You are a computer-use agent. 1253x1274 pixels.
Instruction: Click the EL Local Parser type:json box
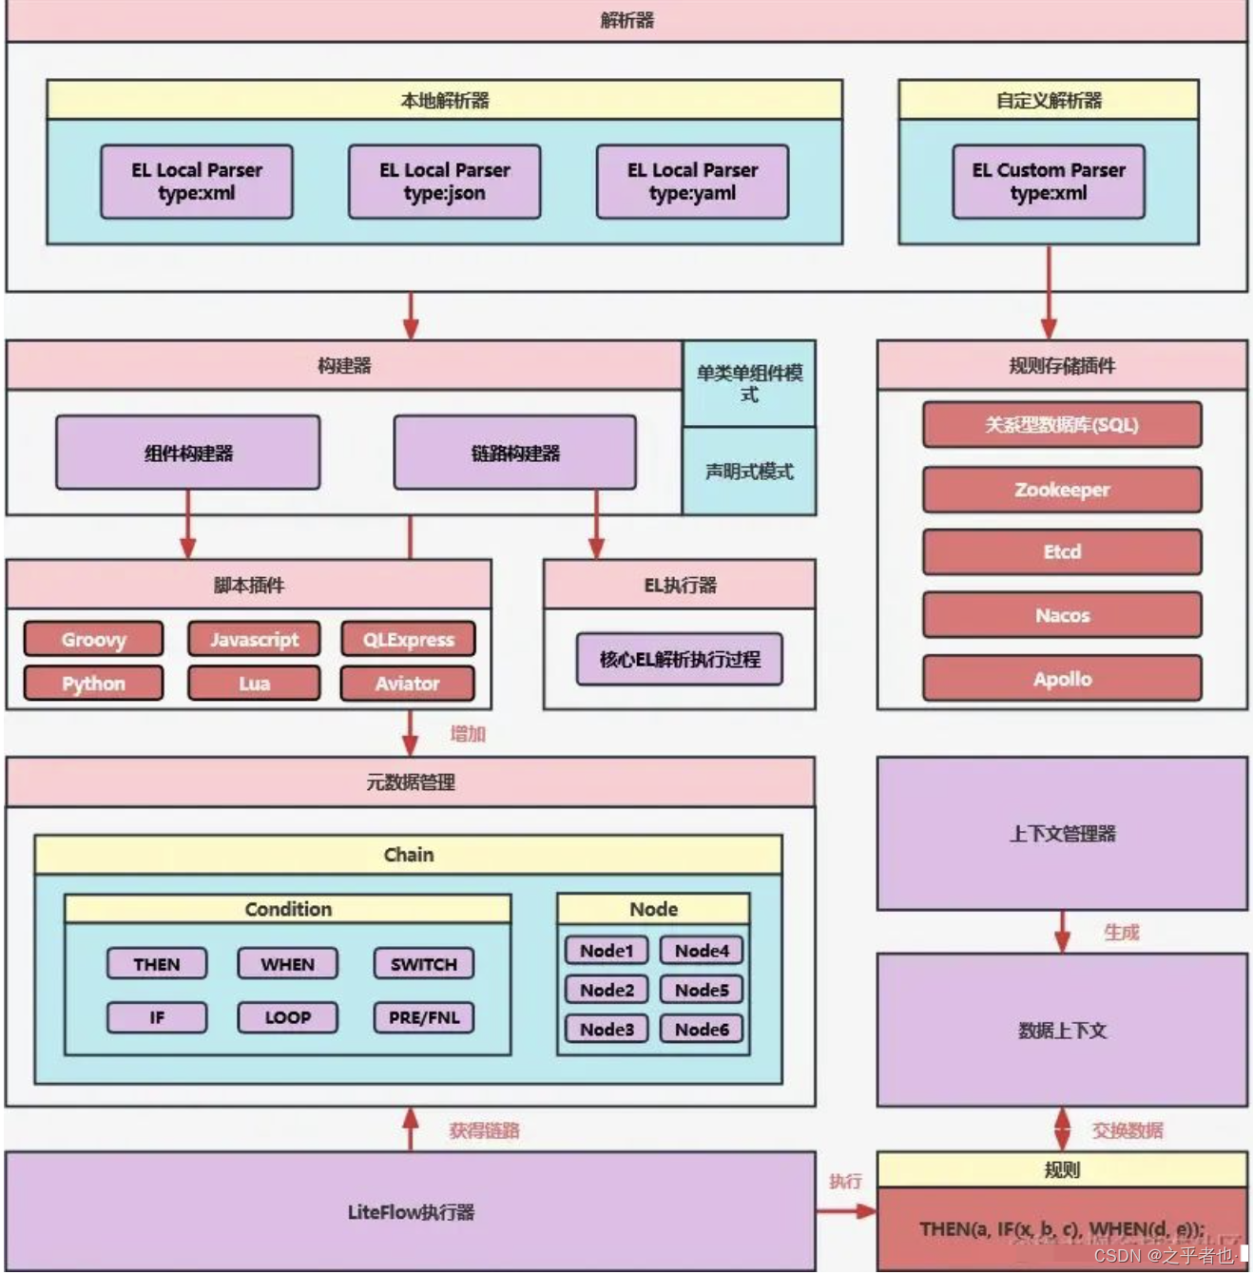pyautogui.click(x=444, y=182)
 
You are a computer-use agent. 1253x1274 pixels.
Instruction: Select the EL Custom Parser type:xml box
pyautogui.click(x=1048, y=182)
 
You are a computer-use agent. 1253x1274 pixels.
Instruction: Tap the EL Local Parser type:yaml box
pyautogui.click(x=692, y=182)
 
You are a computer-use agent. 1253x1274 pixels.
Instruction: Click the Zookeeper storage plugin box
pyautogui.click(x=1062, y=490)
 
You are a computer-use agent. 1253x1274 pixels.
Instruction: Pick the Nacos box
pyautogui.click(x=1062, y=615)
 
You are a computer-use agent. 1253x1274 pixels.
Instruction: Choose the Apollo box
pyautogui.click(x=1062, y=679)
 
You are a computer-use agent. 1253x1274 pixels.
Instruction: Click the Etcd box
pyautogui.click(x=1062, y=551)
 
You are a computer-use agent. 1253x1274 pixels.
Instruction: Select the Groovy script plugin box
pyautogui.click(x=93, y=639)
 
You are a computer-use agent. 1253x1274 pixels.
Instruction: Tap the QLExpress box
pyautogui.click(x=408, y=639)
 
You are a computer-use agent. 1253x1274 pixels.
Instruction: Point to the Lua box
pyautogui.click(x=254, y=683)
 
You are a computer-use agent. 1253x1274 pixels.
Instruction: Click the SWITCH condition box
pyautogui.click(x=423, y=964)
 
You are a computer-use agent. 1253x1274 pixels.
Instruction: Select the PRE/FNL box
pyautogui.click(x=423, y=1017)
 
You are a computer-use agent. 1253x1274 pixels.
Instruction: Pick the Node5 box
pyautogui.click(x=702, y=990)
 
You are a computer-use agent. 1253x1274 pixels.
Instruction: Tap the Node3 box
pyautogui.click(x=607, y=1029)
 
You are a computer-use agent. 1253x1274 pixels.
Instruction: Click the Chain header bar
pyautogui.click(x=408, y=855)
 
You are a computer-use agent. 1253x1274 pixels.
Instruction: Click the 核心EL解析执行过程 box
pyautogui.click(x=679, y=659)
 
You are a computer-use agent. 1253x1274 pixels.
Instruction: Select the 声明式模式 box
pyautogui.click(x=749, y=472)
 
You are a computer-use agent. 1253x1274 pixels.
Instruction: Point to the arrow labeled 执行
pyautogui.click(x=845, y=1211)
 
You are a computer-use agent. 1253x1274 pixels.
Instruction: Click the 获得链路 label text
pyautogui.click(x=484, y=1130)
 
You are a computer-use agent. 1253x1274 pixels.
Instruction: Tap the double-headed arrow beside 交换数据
pyautogui.click(x=1062, y=1129)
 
